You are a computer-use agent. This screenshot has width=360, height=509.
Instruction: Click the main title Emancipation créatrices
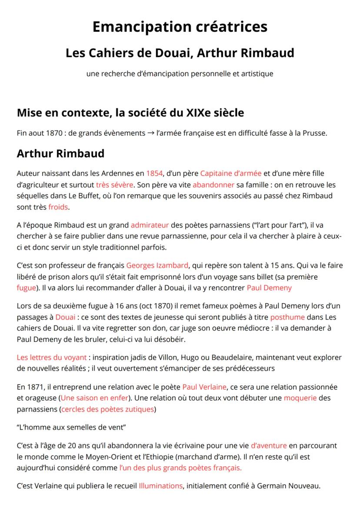[x=180, y=27]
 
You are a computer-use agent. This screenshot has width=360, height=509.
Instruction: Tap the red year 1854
[x=154, y=174]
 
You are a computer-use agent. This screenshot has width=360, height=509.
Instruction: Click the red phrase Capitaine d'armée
[x=230, y=174]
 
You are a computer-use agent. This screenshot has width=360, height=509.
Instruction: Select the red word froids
[x=58, y=207]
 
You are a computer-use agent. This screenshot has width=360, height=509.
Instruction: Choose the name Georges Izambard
[x=157, y=265]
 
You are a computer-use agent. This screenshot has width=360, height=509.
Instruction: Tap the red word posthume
[x=287, y=317]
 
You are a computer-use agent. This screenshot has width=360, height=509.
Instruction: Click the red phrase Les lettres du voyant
[x=52, y=358]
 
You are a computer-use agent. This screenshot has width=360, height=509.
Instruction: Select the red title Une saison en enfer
[x=94, y=398]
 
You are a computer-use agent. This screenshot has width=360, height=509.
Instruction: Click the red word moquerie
[x=300, y=398]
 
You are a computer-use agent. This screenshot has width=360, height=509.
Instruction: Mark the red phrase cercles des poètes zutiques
[x=108, y=409]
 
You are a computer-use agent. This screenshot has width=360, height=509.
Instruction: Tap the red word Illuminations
[x=160, y=486]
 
